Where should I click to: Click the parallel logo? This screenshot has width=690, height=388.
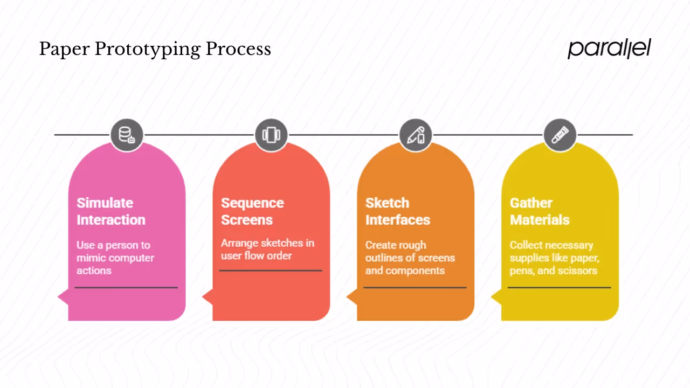click(x=609, y=48)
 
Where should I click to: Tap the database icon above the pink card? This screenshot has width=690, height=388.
click(x=127, y=135)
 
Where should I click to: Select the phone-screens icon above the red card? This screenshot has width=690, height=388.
click(x=271, y=135)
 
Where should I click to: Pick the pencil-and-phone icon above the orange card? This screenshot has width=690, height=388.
click(x=416, y=135)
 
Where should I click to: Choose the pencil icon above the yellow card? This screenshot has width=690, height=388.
click(x=560, y=135)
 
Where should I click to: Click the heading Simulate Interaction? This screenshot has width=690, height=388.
click(x=111, y=211)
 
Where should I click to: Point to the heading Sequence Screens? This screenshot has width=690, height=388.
click(x=252, y=211)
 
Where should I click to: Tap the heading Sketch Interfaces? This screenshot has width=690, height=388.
click(x=397, y=211)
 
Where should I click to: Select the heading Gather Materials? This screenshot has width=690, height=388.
click(x=539, y=211)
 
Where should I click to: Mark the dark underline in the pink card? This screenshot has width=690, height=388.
click(x=126, y=287)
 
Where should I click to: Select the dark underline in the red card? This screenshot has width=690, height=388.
click(x=271, y=271)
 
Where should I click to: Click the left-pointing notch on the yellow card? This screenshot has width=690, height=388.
click(x=496, y=296)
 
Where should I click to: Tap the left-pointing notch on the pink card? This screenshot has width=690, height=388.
click(x=63, y=296)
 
